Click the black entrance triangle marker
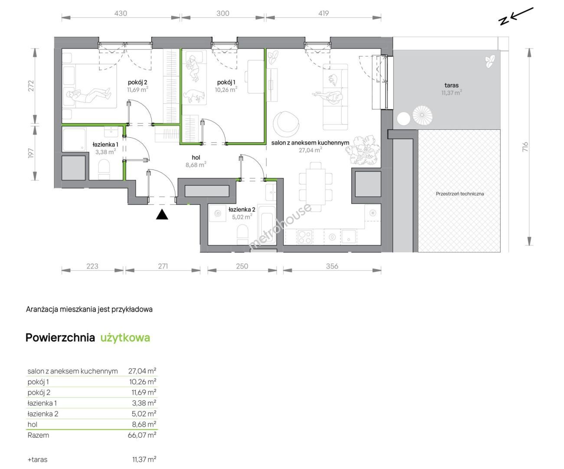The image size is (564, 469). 162,215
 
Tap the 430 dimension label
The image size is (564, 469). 121,13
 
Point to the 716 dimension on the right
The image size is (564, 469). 525,147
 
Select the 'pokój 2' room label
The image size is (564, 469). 137,82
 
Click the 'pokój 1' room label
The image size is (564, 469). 226,82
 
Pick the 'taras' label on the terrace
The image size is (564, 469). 451,85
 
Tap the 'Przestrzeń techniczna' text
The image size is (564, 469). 460,194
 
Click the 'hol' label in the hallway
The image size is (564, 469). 196,158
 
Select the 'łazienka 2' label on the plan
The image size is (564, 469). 242,209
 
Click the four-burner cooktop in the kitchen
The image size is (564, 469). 305,238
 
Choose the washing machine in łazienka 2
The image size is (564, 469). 218,214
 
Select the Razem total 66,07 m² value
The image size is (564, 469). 142,435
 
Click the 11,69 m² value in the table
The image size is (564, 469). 144,392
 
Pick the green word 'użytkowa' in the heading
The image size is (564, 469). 125,338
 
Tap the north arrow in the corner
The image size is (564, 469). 515,16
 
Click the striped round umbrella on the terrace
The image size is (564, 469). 422,115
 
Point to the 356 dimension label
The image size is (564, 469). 332,266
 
